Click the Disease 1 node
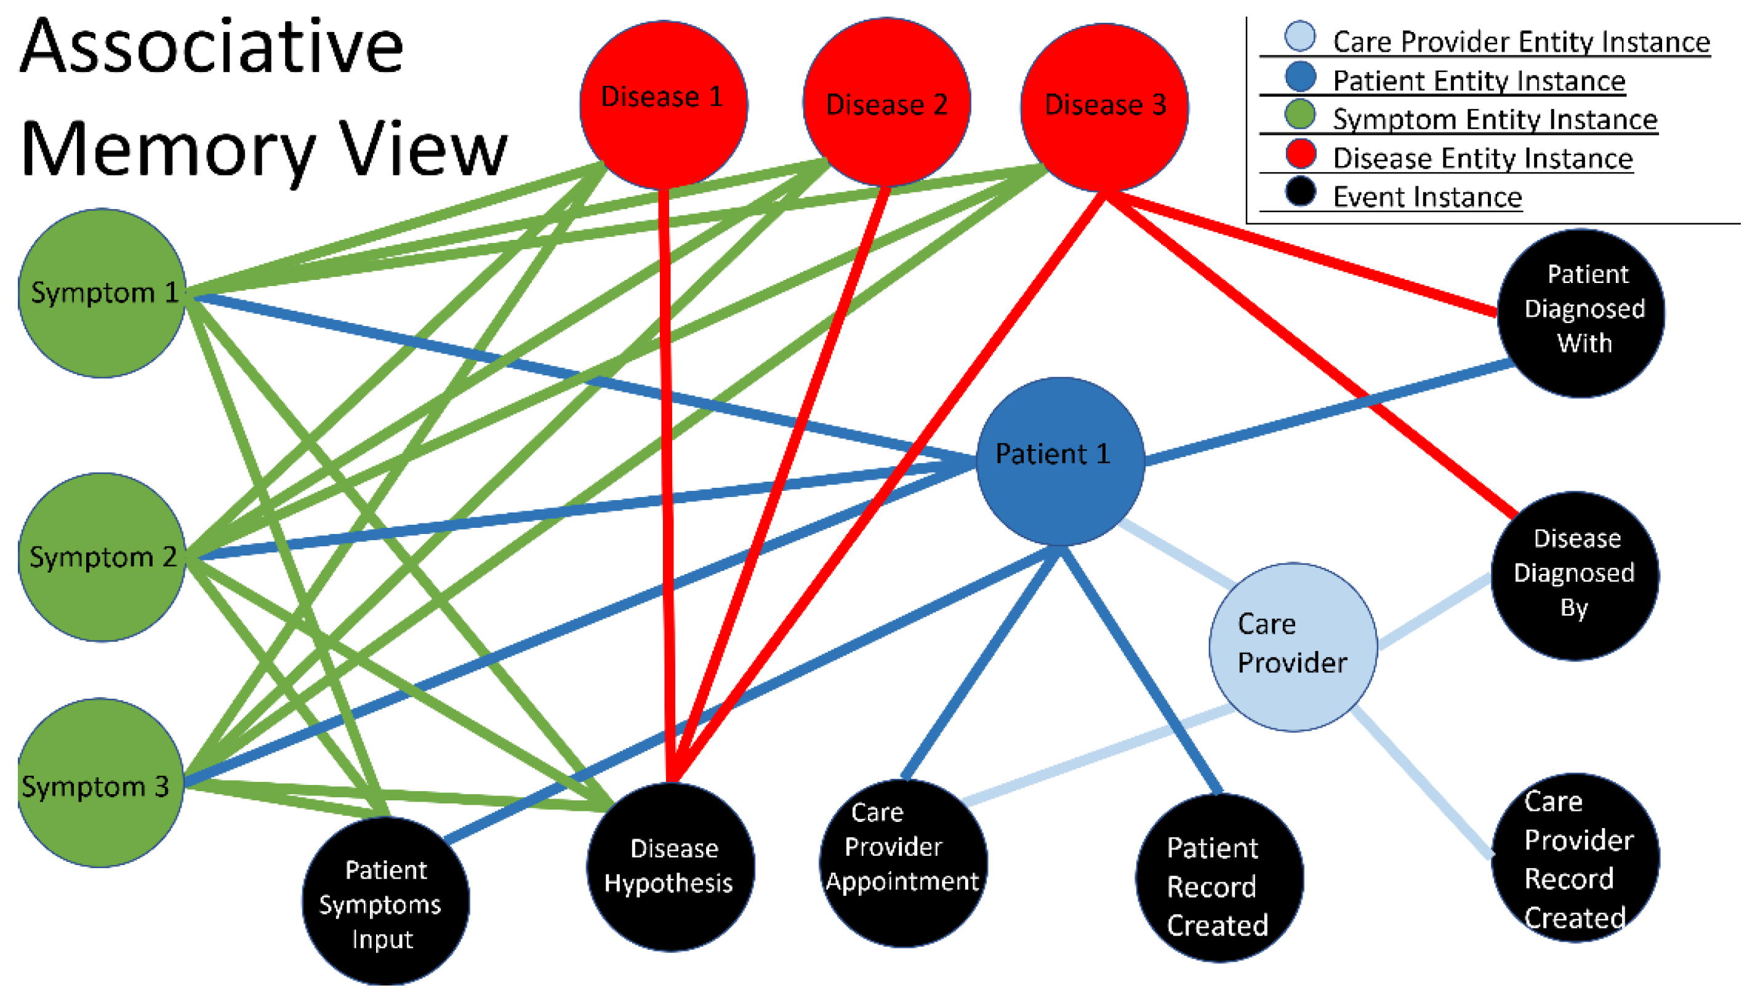662,104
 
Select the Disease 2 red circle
886,103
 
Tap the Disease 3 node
1104,106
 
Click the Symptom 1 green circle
102,293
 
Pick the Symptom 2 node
102,557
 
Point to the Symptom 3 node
100,783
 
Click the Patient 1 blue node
1059,461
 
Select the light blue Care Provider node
1293,647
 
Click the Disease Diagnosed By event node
1574,575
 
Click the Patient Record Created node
1219,878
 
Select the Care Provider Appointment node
903,863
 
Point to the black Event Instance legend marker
1300,191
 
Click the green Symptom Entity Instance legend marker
1300,114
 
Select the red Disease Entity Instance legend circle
1300,153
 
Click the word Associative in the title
212,48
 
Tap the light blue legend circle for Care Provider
1300,36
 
